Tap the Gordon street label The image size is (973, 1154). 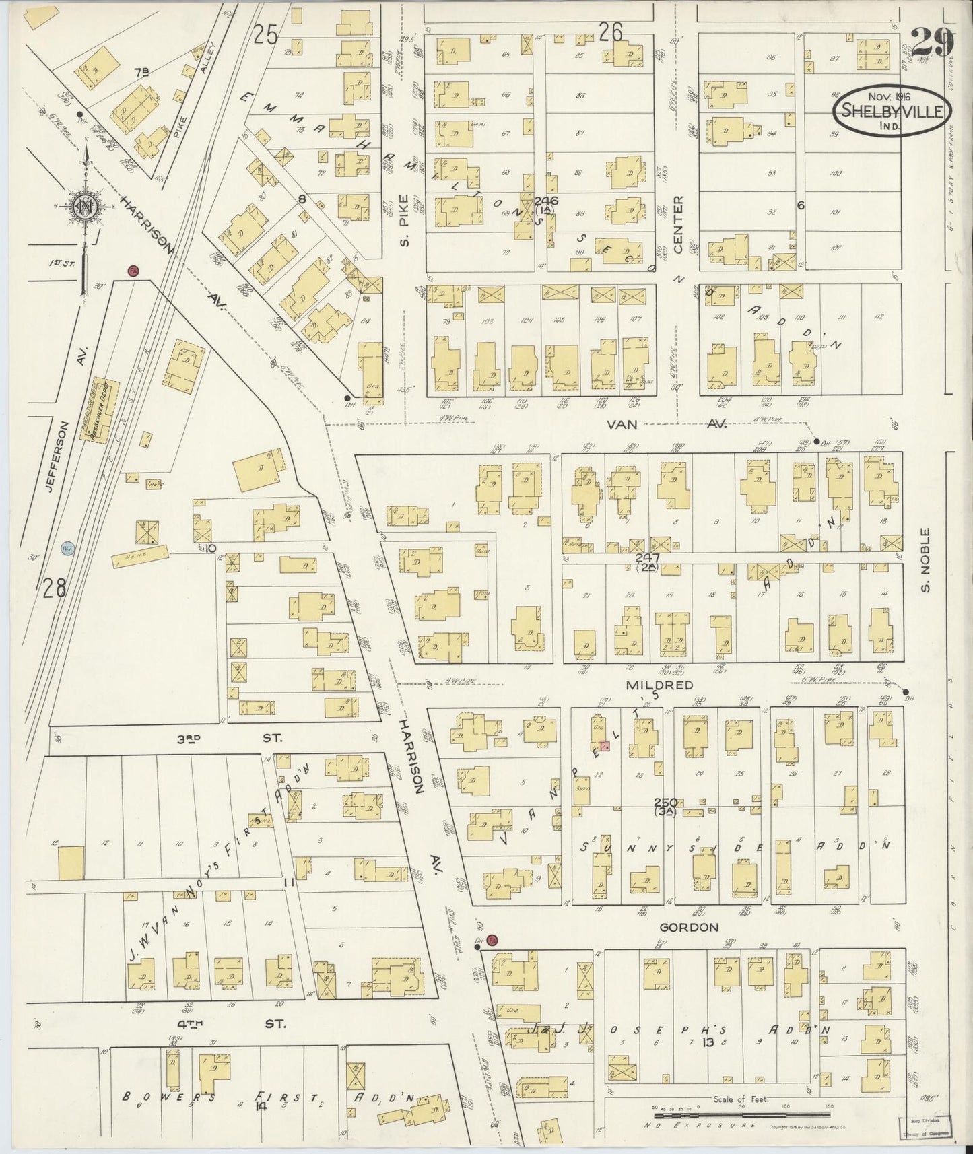(688, 927)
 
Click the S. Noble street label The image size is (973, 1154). (926, 561)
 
